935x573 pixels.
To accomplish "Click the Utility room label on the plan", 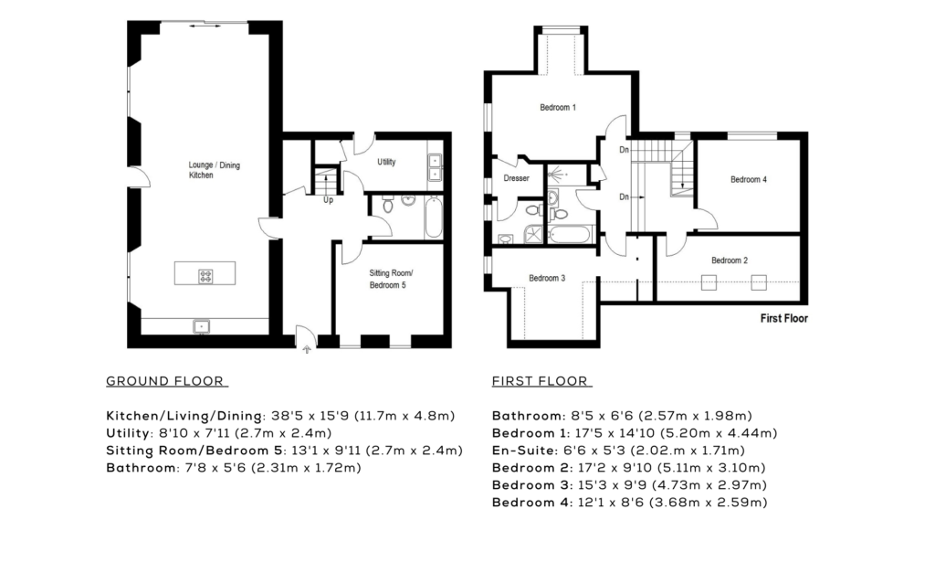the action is click(x=386, y=162).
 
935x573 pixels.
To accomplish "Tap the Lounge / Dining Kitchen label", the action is click(x=214, y=170).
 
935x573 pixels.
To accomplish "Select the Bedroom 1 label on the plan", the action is click(x=558, y=108).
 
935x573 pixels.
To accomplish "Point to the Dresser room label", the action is click(x=516, y=178).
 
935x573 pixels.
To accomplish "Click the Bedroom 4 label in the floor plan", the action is click(x=749, y=179).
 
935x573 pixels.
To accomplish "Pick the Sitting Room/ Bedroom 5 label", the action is click(x=391, y=279).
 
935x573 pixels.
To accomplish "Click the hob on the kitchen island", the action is click(x=205, y=276).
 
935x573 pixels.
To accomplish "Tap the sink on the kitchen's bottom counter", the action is click(x=202, y=326).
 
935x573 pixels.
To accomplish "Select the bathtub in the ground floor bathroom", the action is click(x=434, y=218).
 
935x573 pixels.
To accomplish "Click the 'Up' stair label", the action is click(x=328, y=200).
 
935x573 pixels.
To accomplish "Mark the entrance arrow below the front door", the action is click(x=307, y=349).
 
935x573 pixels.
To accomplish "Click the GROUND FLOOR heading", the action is click(x=165, y=381).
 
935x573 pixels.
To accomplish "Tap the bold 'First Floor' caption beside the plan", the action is click(x=784, y=318).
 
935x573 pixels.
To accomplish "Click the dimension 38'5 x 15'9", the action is click(x=312, y=416).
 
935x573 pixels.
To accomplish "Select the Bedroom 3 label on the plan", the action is click(x=547, y=278).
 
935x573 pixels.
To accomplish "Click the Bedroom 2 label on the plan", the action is click(x=730, y=260).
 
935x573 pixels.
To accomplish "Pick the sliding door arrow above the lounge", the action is click(x=205, y=27).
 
